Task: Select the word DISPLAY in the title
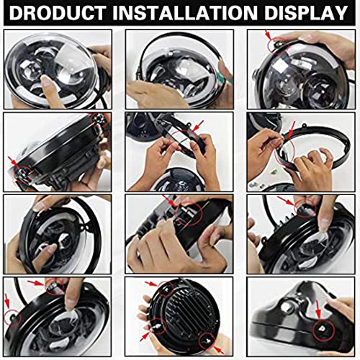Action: pos(303,14)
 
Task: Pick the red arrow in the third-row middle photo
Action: pos(170,200)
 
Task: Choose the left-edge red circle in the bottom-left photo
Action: pos(12,314)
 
